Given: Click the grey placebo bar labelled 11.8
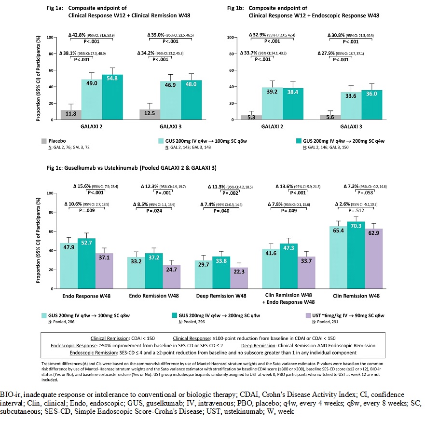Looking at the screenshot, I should click(71, 115).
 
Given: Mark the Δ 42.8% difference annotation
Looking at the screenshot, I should click(80, 35).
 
